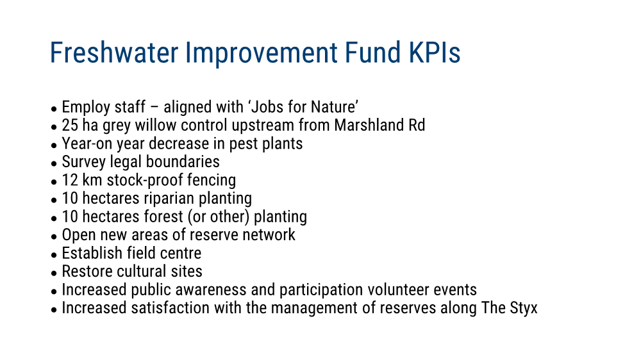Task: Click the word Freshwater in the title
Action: click(114, 53)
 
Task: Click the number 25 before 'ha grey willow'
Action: click(70, 125)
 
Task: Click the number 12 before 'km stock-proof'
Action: click(69, 180)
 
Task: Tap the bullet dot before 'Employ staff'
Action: click(54, 109)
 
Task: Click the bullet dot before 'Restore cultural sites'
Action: click(54, 274)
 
